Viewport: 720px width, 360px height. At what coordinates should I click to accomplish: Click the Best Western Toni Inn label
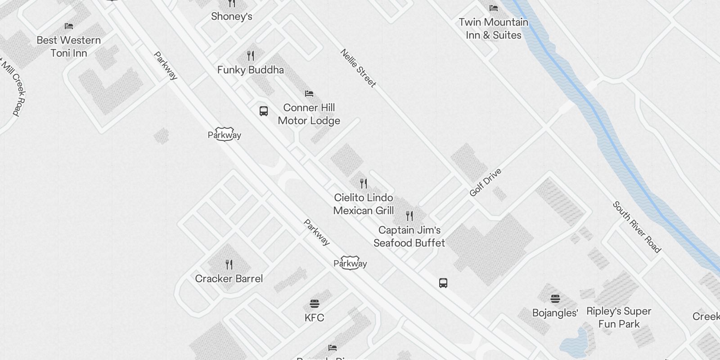[69, 46]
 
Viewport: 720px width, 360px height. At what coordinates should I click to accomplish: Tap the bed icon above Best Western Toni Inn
[69, 26]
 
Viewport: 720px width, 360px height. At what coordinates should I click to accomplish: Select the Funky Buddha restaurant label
[250, 70]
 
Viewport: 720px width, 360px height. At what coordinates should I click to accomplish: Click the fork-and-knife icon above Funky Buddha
[251, 56]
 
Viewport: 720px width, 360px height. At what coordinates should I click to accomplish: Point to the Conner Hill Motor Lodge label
[309, 114]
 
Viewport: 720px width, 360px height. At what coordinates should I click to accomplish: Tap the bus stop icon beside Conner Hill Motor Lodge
[264, 111]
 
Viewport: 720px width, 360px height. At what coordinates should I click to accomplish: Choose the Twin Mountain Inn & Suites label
[493, 28]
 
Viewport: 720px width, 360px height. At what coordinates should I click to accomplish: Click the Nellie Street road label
[358, 68]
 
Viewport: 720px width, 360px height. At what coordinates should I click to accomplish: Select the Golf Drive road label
[485, 182]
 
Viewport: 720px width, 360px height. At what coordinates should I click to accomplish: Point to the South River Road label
[636, 227]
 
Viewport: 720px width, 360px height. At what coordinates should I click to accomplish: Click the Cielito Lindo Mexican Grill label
[364, 204]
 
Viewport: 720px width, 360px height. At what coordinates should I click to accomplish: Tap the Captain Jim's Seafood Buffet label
[409, 236]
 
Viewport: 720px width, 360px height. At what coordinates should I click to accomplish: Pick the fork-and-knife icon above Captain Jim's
[409, 216]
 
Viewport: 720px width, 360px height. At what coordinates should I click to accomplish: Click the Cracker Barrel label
[229, 279]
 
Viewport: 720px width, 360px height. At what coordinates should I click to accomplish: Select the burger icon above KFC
[314, 303]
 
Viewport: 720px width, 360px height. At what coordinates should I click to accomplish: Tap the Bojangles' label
[555, 313]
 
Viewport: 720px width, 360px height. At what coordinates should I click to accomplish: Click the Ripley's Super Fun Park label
[619, 317]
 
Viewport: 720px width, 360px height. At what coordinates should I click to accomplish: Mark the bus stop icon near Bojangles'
[443, 283]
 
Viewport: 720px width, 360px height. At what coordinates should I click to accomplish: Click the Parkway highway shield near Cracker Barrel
[350, 263]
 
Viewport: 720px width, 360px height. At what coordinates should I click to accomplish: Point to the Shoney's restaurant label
[231, 17]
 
